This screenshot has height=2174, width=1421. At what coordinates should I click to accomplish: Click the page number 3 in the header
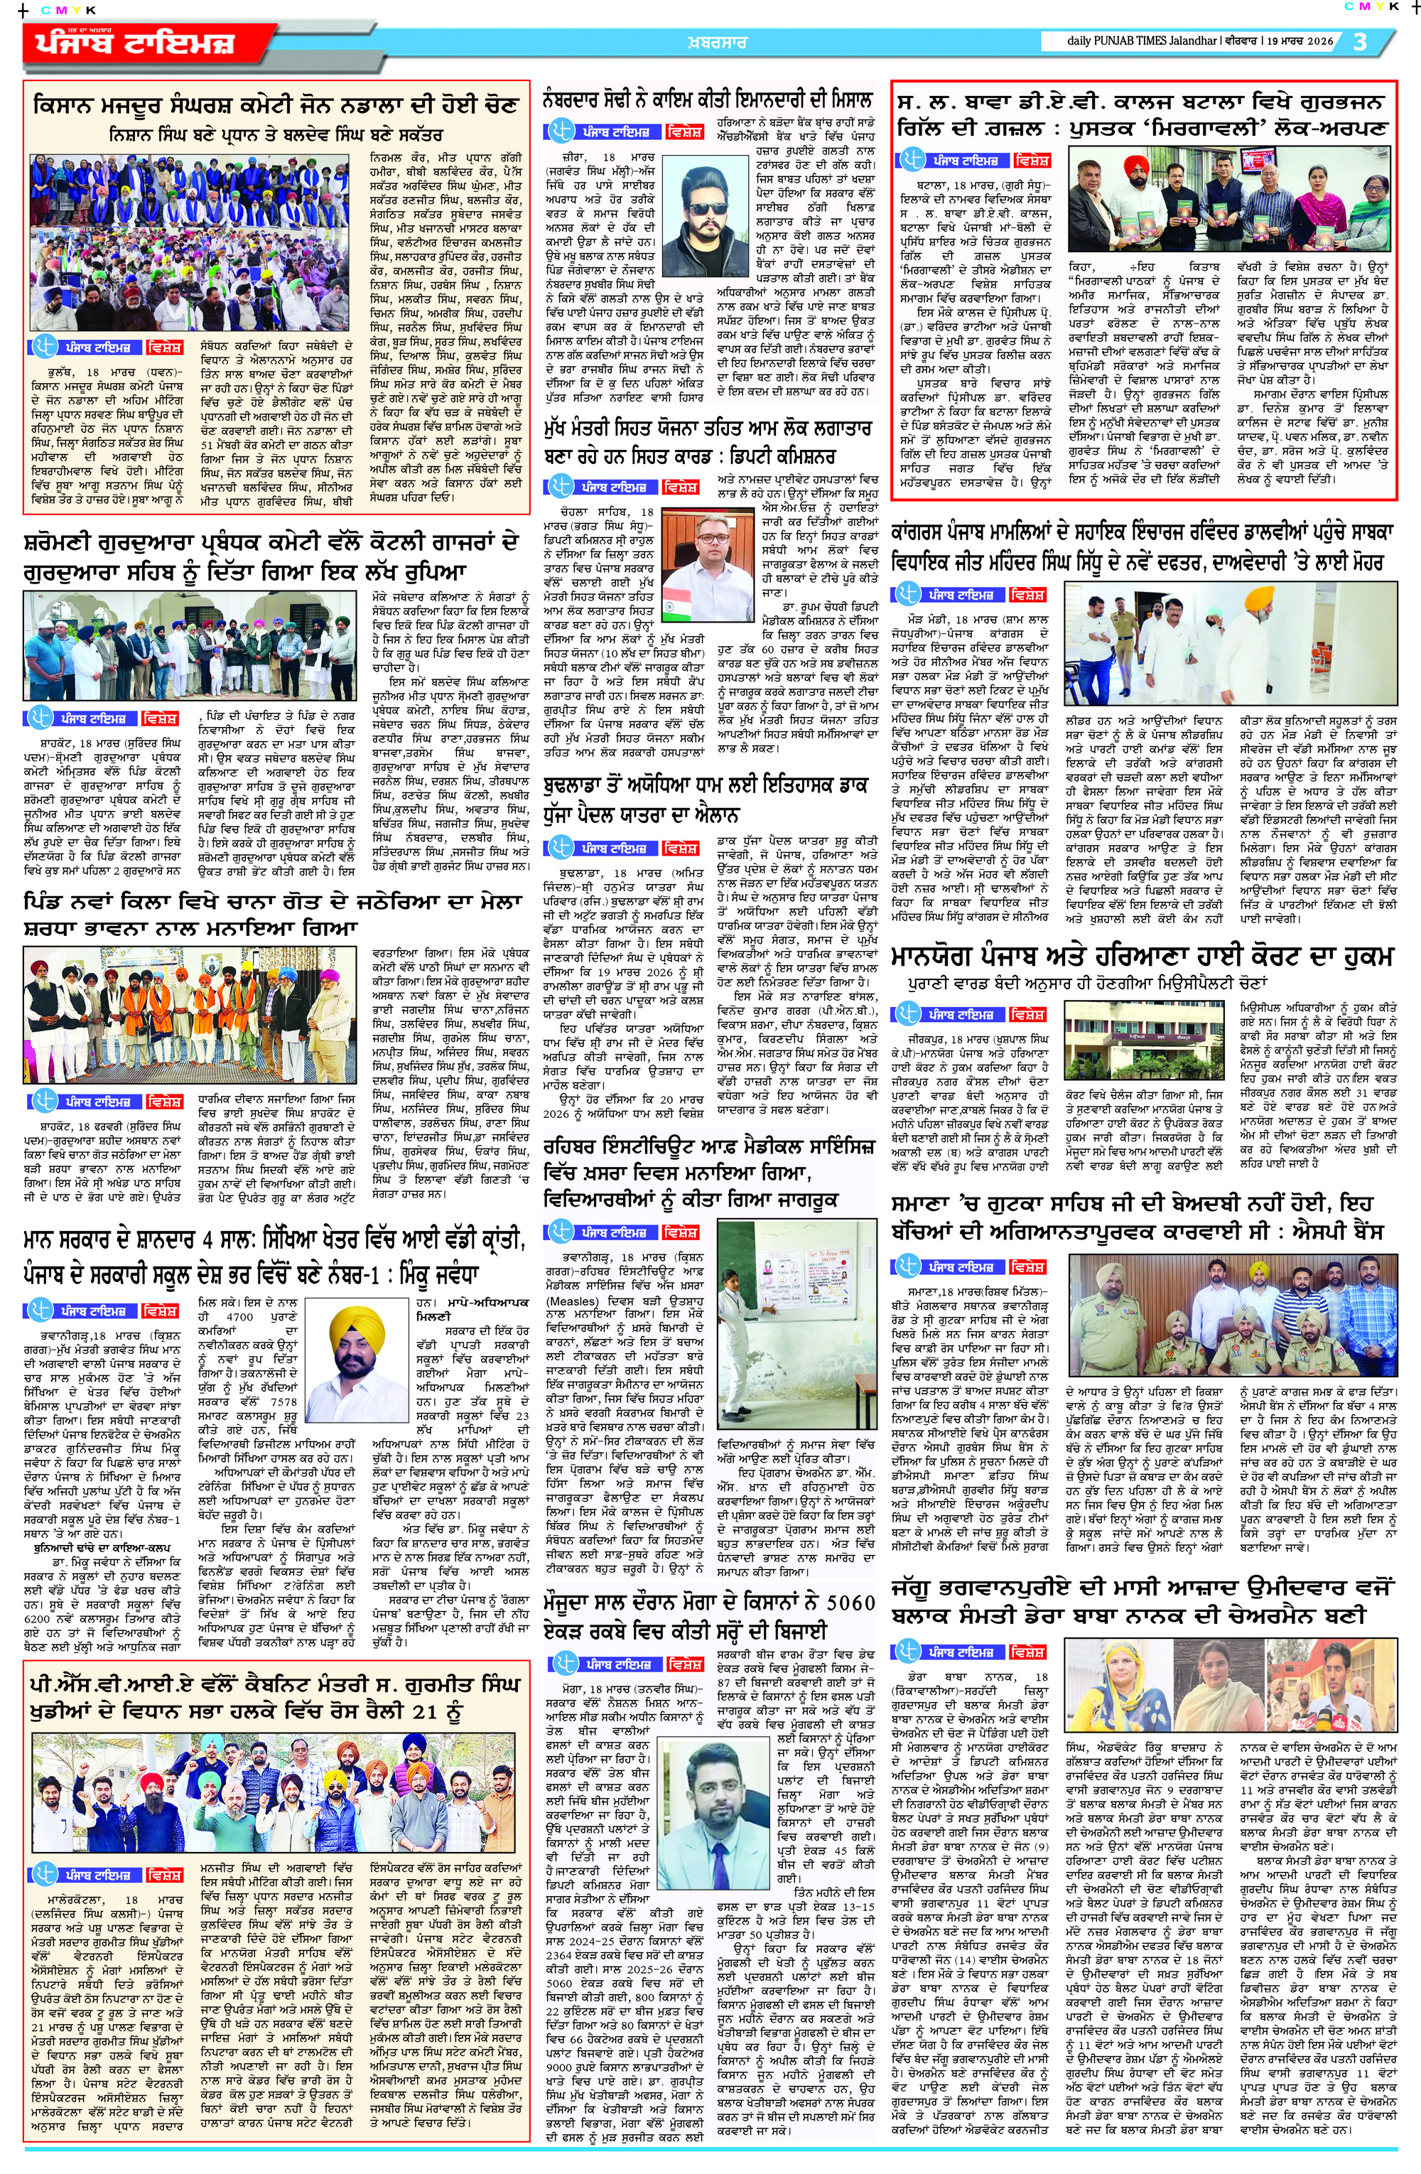coord(1361,42)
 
